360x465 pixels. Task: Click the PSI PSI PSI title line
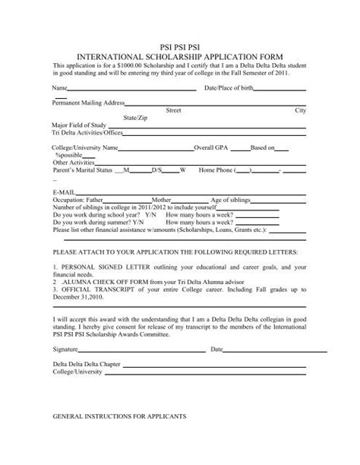(181, 47)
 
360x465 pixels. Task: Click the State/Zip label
(135, 117)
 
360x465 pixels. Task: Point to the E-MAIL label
(64, 191)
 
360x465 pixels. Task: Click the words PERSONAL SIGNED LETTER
(98, 267)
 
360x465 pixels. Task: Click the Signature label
(65, 350)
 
